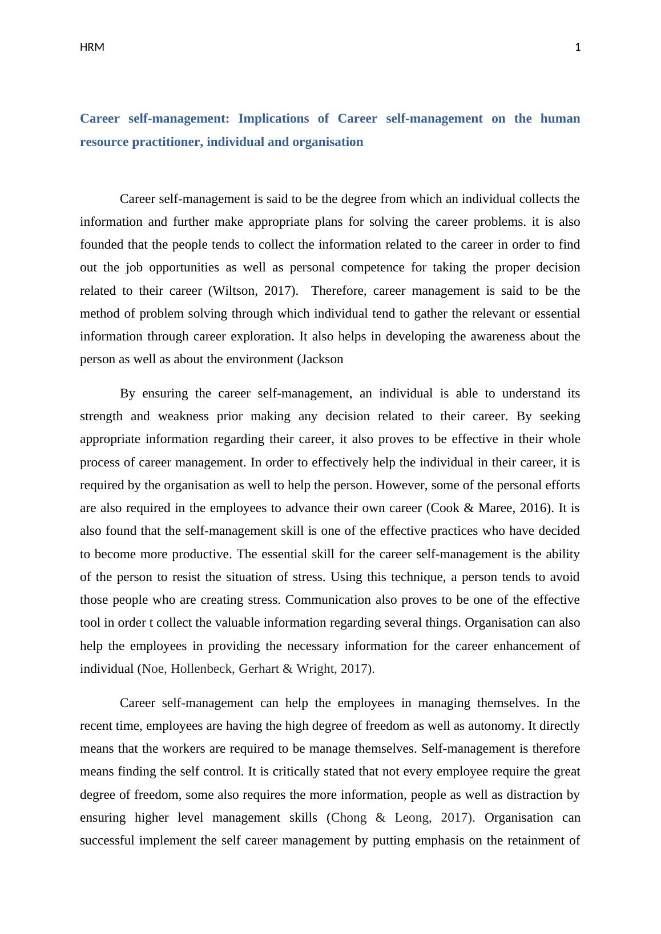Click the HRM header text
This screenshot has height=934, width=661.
coord(92,47)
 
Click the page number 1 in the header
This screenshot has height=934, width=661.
coord(577,47)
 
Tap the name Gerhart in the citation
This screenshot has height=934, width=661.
coord(259,669)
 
